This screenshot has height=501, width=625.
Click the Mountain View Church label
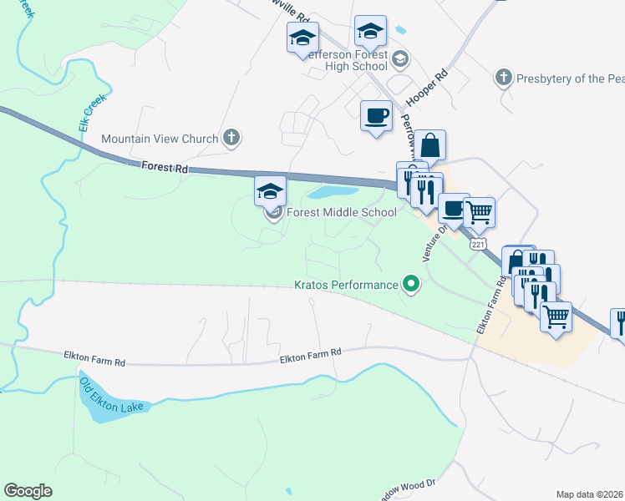coord(160,139)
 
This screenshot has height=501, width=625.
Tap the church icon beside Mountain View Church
coord(232,139)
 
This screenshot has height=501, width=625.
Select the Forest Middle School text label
coord(341,212)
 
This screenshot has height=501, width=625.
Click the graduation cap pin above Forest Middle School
coord(270,191)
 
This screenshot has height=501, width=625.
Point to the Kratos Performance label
coord(347,285)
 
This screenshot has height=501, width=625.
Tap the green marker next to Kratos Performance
coord(410,285)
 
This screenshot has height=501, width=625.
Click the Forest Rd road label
coord(164,168)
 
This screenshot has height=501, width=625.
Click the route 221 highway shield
coord(478,244)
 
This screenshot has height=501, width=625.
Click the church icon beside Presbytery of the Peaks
coord(502,78)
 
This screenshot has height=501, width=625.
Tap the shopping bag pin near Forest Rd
coord(430,144)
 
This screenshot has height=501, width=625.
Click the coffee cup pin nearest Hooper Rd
coord(376,114)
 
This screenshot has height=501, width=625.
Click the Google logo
coord(28,491)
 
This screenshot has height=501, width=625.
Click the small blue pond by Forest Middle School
coord(323,193)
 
